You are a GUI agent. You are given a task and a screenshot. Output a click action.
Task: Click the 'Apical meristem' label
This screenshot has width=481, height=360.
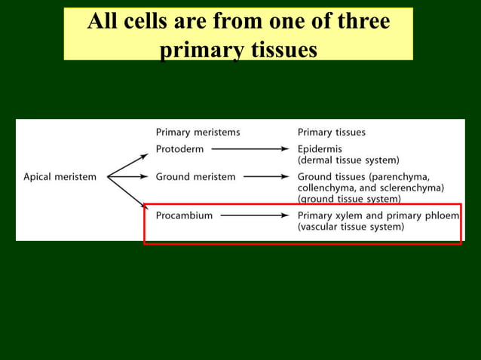point(60,177)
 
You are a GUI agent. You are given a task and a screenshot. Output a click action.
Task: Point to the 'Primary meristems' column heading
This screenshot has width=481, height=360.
point(198,132)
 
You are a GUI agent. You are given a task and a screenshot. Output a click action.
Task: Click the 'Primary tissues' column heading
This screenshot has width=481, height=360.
point(332,132)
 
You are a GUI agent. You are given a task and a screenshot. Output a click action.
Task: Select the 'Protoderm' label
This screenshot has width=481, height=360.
point(179,149)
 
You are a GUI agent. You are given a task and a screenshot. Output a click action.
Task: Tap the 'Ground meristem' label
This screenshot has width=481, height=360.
point(195,177)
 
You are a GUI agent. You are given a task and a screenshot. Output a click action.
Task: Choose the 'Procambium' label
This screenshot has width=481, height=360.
point(184,215)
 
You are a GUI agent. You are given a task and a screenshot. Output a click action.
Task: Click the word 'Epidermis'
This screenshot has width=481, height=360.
point(320,149)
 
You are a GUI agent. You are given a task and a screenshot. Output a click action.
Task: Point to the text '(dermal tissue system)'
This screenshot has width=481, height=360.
point(348,160)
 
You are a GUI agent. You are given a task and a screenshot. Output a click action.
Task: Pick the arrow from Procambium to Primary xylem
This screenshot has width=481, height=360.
point(254,215)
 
